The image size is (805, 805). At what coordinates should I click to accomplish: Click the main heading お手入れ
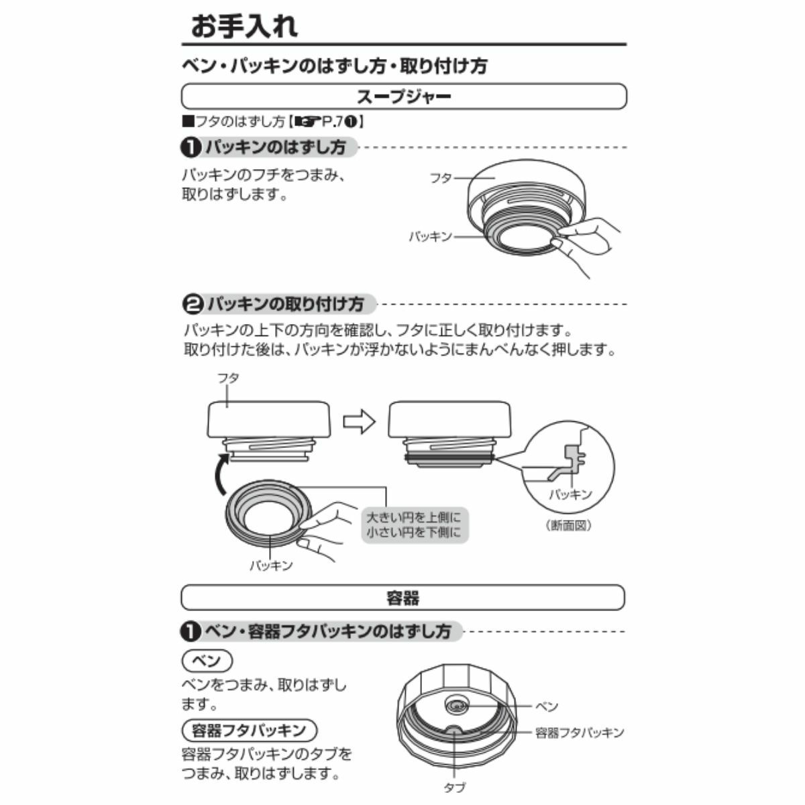[x=244, y=26]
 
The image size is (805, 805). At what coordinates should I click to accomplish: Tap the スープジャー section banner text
[x=404, y=97]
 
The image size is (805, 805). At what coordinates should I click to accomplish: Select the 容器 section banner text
[x=402, y=598]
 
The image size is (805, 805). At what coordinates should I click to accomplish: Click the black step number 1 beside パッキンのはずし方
[x=191, y=148]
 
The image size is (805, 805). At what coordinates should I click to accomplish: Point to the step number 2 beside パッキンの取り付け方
[x=193, y=304]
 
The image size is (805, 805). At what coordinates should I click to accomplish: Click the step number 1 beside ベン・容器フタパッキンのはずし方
[x=191, y=631]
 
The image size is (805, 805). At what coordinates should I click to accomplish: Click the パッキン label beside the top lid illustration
[x=431, y=237]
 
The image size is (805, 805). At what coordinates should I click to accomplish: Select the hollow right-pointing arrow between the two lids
[x=359, y=422]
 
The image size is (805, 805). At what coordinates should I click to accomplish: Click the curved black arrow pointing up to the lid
[x=219, y=474]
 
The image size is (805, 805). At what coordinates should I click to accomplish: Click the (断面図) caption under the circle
[x=569, y=525]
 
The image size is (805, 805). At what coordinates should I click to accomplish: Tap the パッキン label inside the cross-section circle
[x=571, y=494]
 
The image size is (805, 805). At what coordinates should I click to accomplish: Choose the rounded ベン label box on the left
[x=207, y=661]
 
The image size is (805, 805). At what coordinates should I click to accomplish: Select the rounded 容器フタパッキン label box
[x=250, y=730]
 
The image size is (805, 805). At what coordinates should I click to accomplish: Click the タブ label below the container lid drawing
[x=455, y=788]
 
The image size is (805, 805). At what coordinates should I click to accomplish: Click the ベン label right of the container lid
[x=547, y=706]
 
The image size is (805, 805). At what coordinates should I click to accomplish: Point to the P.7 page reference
[x=332, y=121]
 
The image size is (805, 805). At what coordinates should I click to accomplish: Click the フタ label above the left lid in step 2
[x=228, y=378]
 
